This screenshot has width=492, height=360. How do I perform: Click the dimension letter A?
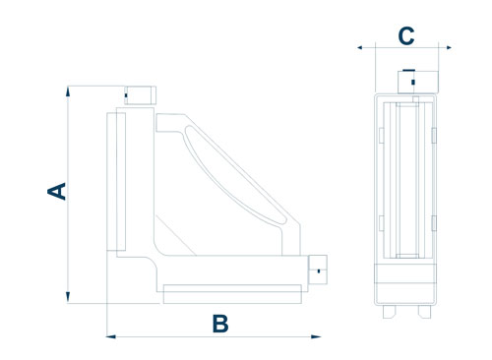[57, 192]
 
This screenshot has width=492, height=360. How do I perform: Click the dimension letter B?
[220, 324]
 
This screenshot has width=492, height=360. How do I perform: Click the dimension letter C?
[406, 35]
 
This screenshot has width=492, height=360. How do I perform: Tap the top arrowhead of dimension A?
[68, 91]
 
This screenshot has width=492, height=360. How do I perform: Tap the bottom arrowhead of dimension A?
[68, 297]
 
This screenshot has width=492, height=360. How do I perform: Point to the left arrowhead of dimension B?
[111, 336]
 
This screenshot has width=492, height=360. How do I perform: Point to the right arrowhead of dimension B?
[316, 336]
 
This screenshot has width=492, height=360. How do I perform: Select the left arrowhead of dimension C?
[359, 47]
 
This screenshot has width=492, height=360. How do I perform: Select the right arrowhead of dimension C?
[449, 47]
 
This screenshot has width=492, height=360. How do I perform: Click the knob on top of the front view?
[140, 95]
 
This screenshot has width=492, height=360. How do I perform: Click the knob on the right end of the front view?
[318, 270]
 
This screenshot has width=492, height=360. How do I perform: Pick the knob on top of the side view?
[418, 82]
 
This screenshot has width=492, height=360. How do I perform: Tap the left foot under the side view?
[390, 312]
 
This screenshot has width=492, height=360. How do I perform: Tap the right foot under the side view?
[424, 312]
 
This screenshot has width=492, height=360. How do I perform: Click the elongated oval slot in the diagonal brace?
[233, 175]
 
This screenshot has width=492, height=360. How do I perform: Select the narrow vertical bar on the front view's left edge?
[121, 182]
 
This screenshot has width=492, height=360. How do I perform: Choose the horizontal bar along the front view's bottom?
[232, 294]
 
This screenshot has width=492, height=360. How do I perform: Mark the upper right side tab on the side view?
[434, 136]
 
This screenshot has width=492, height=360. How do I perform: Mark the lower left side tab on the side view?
[382, 223]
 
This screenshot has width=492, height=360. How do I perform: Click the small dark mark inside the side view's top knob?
[413, 82]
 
